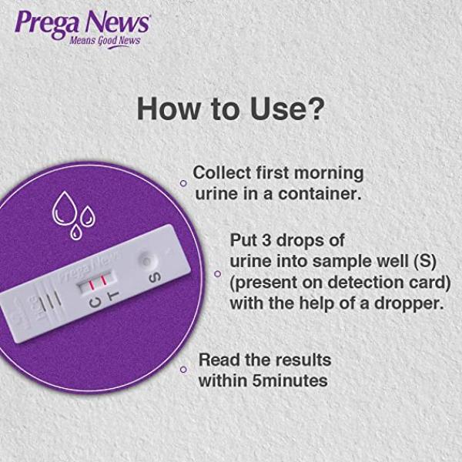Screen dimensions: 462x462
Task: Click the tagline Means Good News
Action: [x=105, y=40]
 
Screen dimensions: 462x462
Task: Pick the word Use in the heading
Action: [x=272, y=109]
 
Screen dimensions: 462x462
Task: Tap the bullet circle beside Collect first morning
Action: [x=183, y=183]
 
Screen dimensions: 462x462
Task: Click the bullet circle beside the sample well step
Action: [x=217, y=273]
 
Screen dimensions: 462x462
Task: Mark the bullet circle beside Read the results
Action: [x=183, y=370]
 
